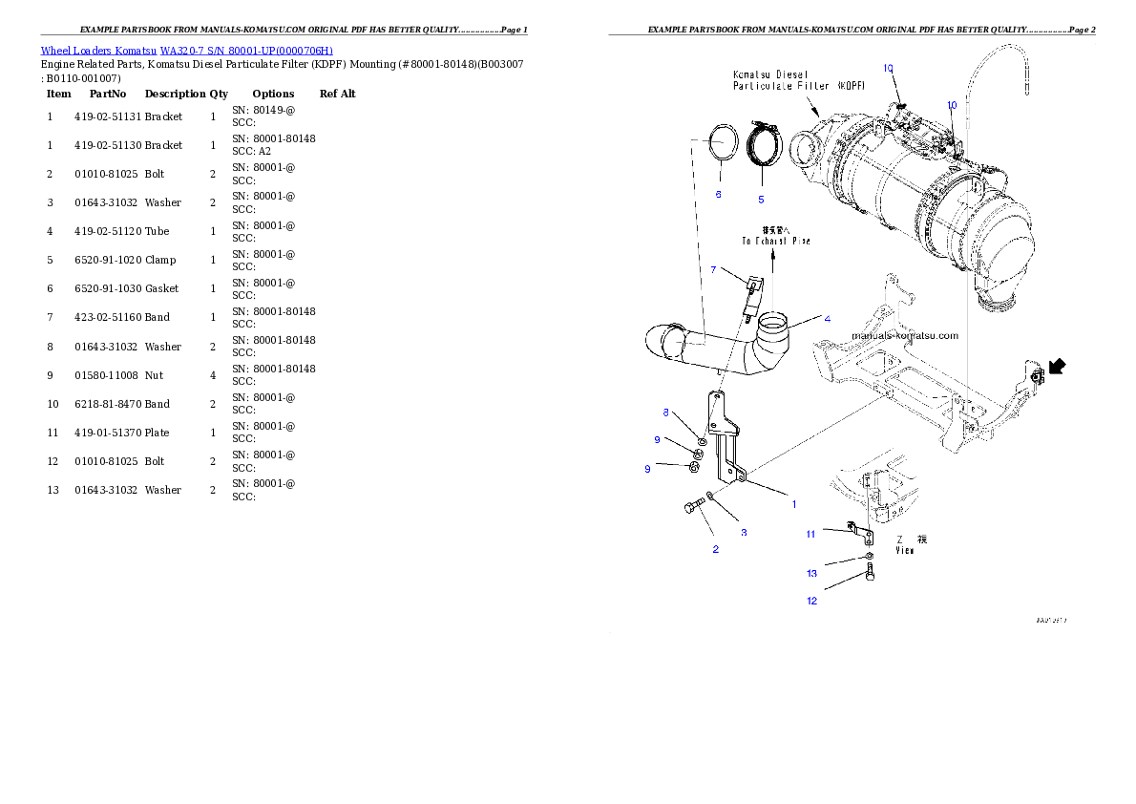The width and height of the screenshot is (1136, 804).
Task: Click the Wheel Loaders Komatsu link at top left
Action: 186,51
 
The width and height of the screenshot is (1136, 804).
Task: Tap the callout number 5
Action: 761,200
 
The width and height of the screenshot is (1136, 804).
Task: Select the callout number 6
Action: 718,194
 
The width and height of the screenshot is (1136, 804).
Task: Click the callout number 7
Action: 713,270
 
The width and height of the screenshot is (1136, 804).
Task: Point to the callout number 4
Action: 827,318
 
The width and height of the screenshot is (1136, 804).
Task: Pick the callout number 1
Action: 792,502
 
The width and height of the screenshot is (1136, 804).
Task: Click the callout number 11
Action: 810,534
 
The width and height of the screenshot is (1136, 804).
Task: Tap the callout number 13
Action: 811,574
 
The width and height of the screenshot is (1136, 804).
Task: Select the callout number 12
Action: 811,601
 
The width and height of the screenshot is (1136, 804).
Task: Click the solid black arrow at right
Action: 1057,366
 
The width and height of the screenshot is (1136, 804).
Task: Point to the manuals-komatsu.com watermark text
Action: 904,336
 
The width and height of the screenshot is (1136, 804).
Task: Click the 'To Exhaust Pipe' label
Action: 775,242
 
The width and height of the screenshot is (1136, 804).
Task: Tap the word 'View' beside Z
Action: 906,550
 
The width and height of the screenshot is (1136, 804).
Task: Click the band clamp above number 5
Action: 764,145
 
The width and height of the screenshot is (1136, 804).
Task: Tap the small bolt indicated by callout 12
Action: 871,574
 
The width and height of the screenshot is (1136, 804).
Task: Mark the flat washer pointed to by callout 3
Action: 711,497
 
